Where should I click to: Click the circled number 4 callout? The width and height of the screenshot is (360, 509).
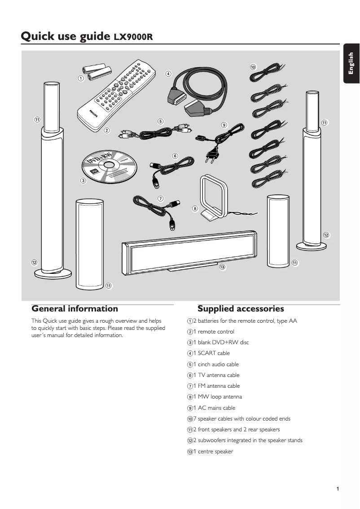168,74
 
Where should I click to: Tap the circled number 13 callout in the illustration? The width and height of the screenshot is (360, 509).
222,268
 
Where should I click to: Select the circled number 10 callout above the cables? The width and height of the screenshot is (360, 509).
253,67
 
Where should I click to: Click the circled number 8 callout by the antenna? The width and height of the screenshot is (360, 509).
195,209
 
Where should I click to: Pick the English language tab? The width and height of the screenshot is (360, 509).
351,64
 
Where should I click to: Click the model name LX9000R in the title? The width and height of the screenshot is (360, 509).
133,37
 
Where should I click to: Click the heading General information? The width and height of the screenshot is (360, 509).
75,309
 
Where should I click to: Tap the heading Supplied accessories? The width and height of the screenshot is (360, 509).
241,309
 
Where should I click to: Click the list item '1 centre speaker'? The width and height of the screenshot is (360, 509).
213,452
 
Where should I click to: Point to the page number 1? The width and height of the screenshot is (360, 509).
337,489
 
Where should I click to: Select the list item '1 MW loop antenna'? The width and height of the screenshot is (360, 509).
217,397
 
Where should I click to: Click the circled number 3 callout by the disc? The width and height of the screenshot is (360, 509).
83,181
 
